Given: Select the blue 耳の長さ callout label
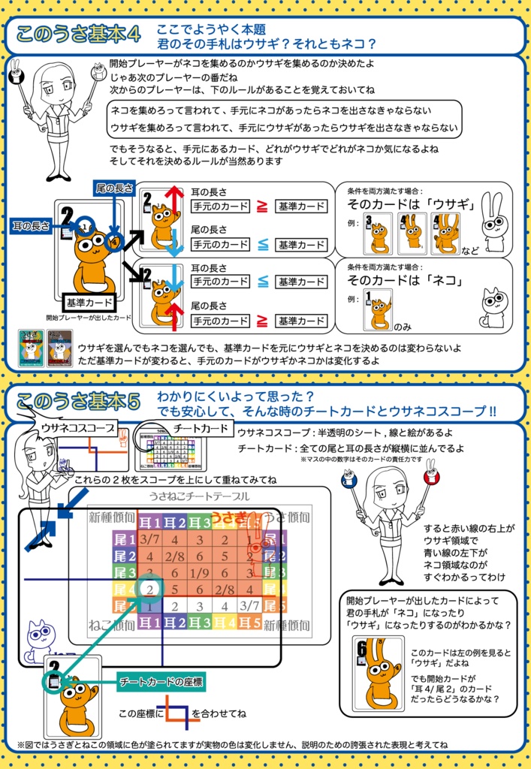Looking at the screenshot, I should (x=30, y=225).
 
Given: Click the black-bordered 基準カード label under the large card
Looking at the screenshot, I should (x=88, y=303).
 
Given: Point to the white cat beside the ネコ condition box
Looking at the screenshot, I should (x=493, y=306).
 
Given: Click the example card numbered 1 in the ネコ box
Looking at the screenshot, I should (x=378, y=309).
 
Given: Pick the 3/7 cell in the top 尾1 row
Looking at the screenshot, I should (x=150, y=538).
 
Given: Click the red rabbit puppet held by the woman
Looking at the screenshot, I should (x=430, y=476).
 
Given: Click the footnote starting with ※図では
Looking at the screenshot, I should (x=233, y=744).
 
